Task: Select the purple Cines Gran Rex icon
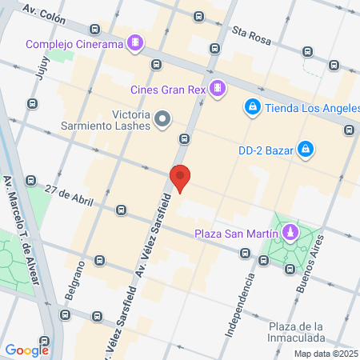pos(216,87)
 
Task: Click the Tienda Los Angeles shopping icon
pos(252,106)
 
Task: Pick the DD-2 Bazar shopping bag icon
pos(305,149)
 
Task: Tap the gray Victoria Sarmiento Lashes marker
pos(163,120)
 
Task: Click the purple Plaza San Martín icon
pos(290,234)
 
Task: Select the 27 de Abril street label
pos(65,195)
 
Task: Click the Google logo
pos(26,350)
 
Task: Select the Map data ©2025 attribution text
pos(325,354)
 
